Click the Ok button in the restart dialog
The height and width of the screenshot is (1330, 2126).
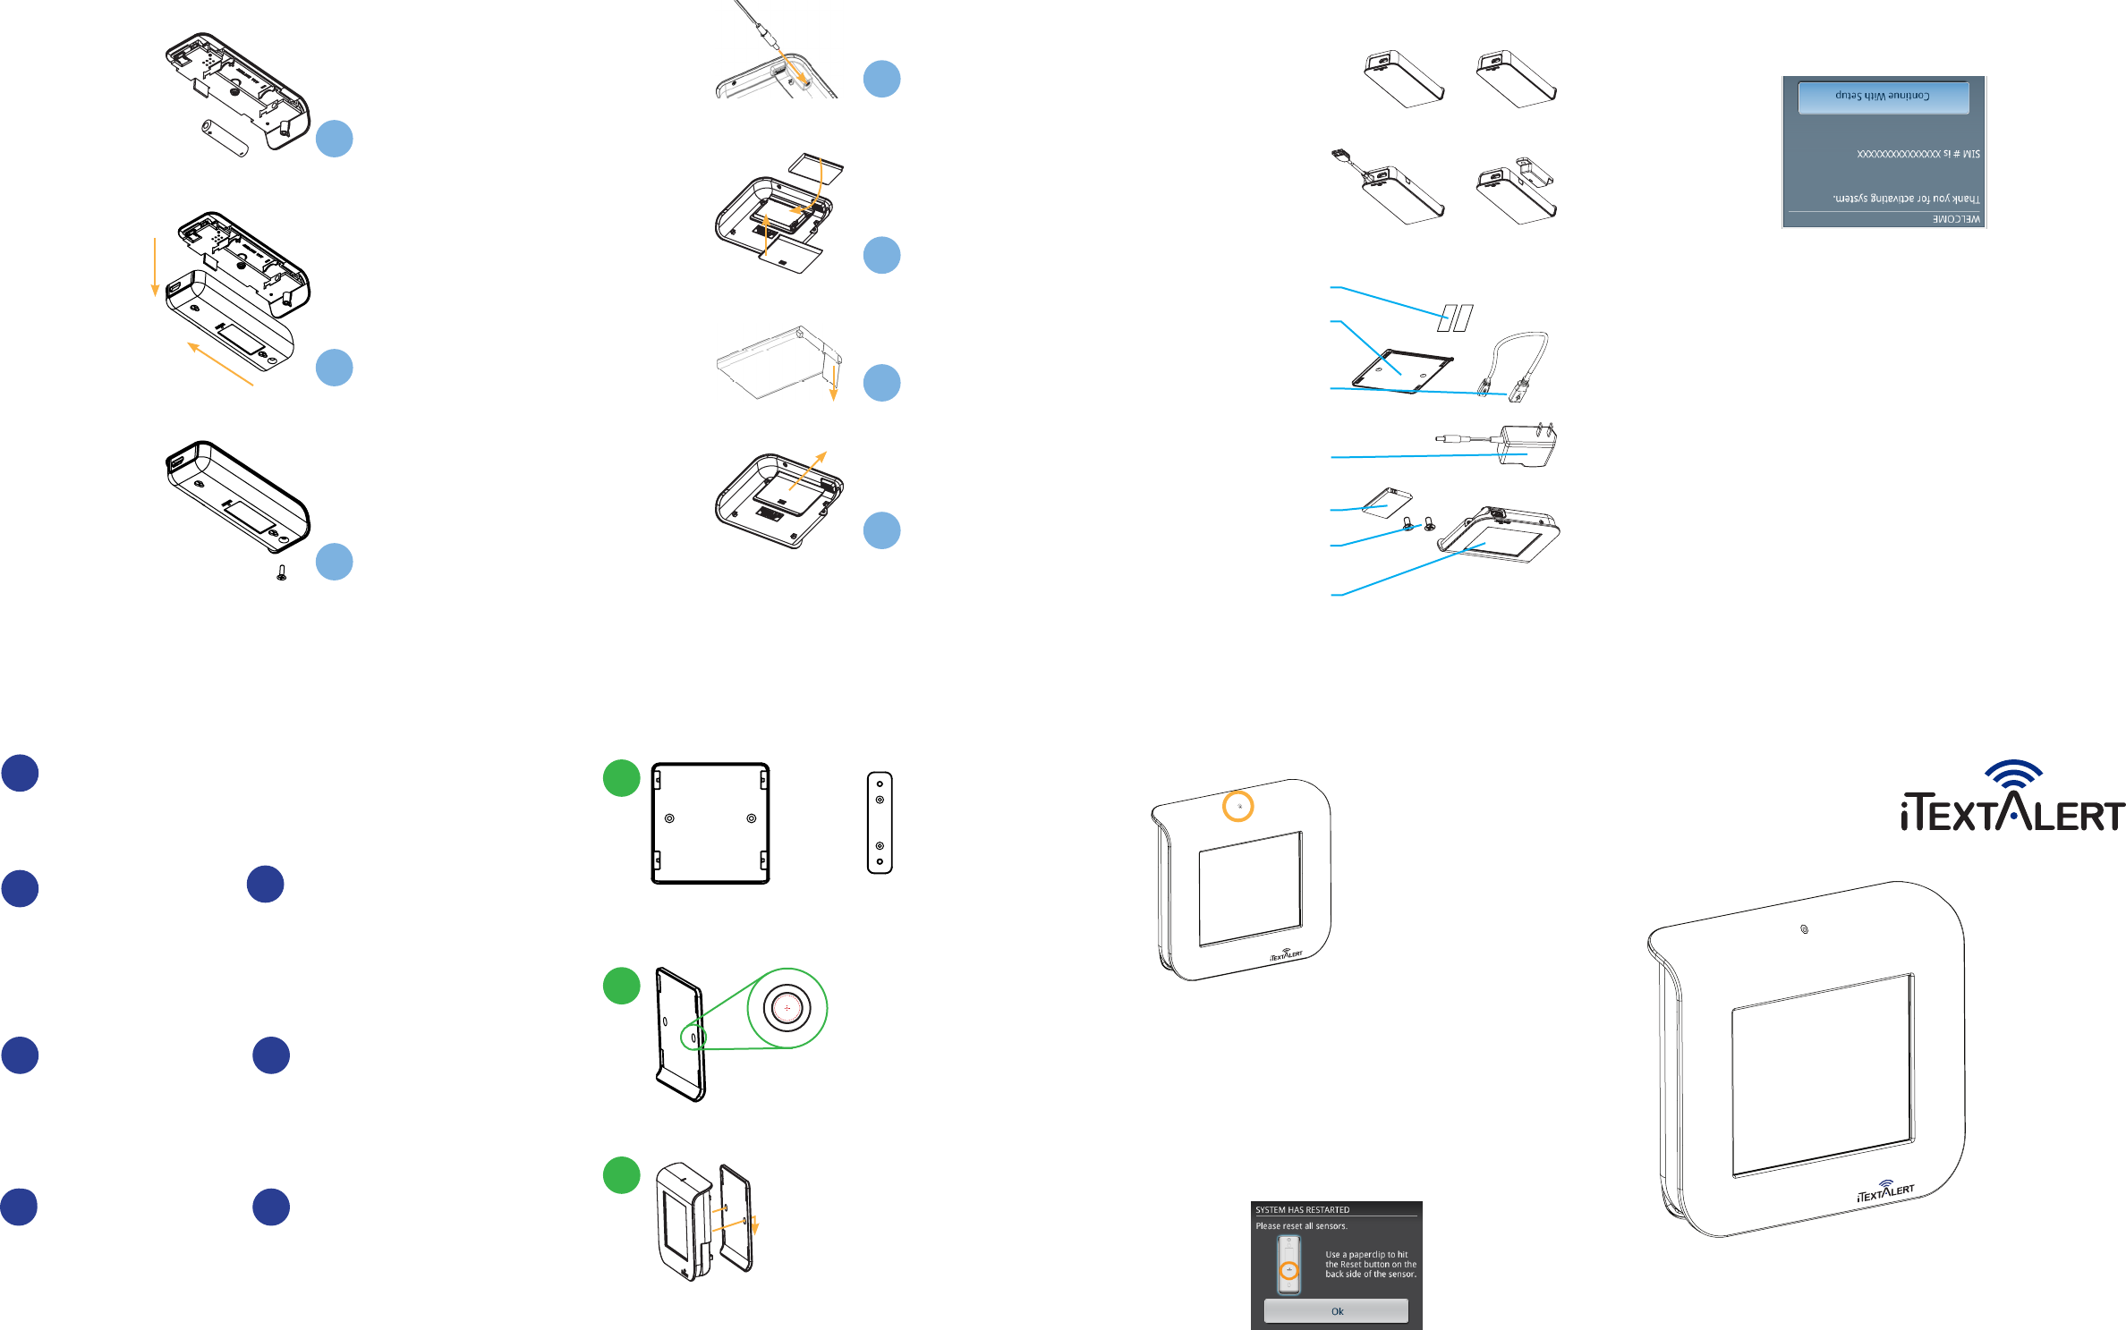point(1336,1311)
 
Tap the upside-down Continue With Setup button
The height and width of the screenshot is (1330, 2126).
point(1883,97)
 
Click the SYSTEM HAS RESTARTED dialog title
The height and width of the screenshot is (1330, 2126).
point(1302,1209)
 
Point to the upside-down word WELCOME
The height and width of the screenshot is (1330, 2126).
point(1956,219)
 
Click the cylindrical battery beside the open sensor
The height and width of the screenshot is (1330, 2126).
point(225,137)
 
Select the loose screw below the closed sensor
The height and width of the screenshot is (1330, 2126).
point(282,572)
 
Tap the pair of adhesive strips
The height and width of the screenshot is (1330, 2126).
point(1455,318)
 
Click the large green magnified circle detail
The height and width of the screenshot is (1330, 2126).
point(787,1008)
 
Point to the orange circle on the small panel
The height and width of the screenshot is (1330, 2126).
point(1238,806)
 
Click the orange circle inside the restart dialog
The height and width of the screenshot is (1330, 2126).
point(1288,1270)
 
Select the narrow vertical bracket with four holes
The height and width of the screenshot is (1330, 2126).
point(880,823)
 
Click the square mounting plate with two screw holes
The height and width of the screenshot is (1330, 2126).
point(710,823)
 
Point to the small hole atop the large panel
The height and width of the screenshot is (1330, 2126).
point(1804,929)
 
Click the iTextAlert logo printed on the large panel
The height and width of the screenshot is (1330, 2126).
point(1885,1191)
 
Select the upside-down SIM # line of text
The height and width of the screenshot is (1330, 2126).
point(1918,154)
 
